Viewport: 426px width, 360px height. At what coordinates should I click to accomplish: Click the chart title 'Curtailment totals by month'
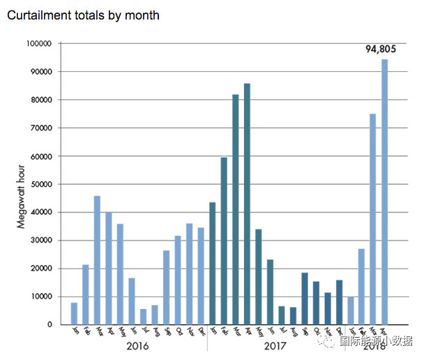[83, 15]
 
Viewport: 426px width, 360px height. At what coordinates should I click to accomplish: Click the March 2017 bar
[236, 209]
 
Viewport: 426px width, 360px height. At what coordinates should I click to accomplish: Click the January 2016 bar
[74, 313]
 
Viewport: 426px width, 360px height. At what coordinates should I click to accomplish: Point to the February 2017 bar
[224, 241]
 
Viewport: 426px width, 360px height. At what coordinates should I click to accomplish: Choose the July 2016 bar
[143, 317]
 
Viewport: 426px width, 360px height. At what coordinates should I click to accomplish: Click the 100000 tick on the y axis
[39, 43]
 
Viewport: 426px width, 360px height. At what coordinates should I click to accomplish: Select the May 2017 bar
[259, 277]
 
